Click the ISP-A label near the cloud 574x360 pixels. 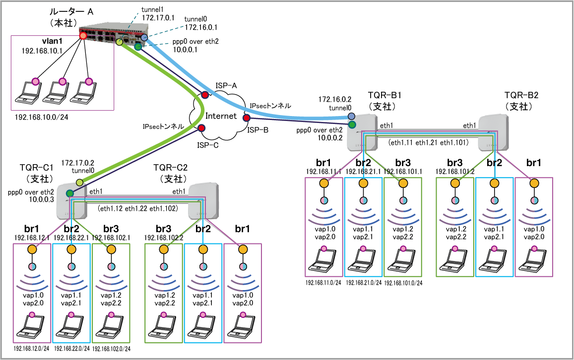coord(226,86)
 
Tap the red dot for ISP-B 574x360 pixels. coord(247,118)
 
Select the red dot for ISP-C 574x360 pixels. coord(201,128)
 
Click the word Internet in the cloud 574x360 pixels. coord(221,116)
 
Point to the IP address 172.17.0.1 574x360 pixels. coord(158,17)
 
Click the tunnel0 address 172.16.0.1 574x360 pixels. coord(200,27)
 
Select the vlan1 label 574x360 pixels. coord(52,41)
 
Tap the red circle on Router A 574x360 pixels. coord(83,36)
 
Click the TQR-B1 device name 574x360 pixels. coord(384,95)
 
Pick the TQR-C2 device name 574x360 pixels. coord(170,168)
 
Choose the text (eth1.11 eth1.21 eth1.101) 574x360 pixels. coord(428,143)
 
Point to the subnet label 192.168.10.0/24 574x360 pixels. coord(41,117)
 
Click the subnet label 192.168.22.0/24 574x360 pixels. coord(72,348)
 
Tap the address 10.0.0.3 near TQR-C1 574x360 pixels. coord(41,199)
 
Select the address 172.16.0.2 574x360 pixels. coord(334,99)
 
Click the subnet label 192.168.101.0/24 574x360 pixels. coord(403,283)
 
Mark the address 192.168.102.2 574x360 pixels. coord(164,238)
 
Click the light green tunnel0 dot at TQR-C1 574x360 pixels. coord(79,182)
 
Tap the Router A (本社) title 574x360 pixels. coord(71,17)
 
